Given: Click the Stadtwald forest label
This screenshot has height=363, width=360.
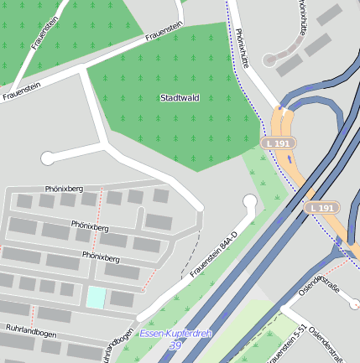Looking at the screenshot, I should [180, 98].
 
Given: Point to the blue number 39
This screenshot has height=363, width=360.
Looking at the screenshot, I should [175, 345].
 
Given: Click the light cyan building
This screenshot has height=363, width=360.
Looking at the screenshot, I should [97, 297].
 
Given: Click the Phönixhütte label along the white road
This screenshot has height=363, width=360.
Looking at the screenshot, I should [243, 48].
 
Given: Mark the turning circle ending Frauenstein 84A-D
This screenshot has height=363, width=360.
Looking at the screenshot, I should [249, 201].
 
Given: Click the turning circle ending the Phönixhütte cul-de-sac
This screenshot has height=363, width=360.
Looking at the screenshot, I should [270, 60].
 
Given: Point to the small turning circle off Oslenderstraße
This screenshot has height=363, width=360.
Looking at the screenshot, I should [355, 303].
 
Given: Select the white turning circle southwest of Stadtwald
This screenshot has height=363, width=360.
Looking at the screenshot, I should [48, 157].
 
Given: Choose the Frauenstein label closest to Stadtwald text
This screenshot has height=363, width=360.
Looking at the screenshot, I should [164, 31].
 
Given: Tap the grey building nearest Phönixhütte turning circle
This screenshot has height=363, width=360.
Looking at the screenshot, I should [290, 65].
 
